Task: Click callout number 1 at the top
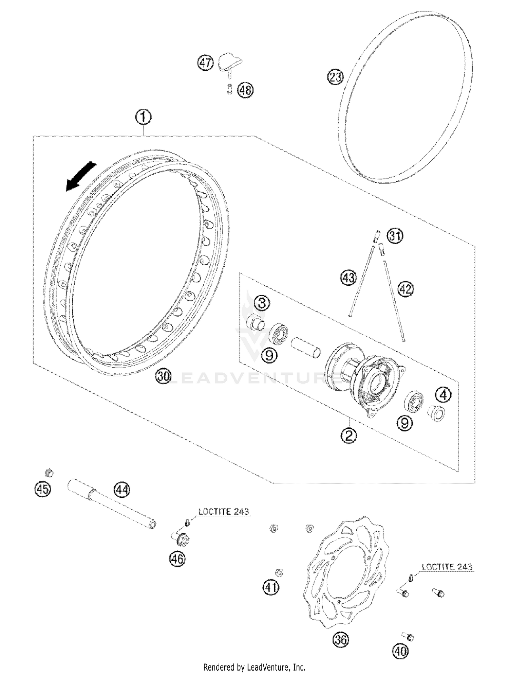143,118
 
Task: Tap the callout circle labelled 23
335,77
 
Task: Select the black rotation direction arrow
81,176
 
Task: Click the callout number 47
206,63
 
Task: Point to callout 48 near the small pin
245,90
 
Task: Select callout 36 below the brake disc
341,640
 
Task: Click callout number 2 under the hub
349,435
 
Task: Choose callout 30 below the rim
164,376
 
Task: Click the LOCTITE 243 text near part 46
224,512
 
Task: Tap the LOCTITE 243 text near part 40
447,567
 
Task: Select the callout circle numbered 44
122,490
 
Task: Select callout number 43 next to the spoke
348,278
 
